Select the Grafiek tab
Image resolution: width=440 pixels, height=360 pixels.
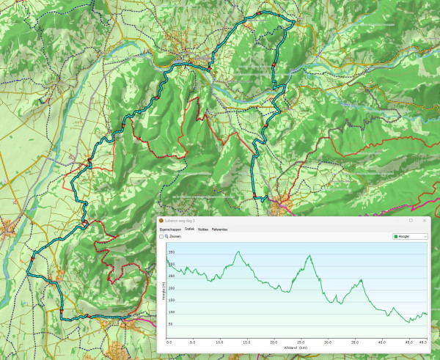(189, 229)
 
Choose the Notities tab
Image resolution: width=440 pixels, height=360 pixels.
(203, 229)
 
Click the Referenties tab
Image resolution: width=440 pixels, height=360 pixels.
(219, 229)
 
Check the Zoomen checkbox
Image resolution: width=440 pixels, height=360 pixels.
(161, 237)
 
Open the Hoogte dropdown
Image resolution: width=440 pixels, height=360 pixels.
(410, 237)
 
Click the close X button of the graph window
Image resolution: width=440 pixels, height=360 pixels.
(424, 221)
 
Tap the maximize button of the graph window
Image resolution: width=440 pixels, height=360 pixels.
(411, 221)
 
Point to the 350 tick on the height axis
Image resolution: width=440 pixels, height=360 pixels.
(172, 252)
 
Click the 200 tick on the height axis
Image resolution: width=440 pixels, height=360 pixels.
(172, 288)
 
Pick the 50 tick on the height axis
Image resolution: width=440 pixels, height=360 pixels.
(172, 324)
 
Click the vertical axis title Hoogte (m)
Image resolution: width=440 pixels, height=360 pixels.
(163, 290)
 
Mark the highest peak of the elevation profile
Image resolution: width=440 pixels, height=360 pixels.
(238, 251)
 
